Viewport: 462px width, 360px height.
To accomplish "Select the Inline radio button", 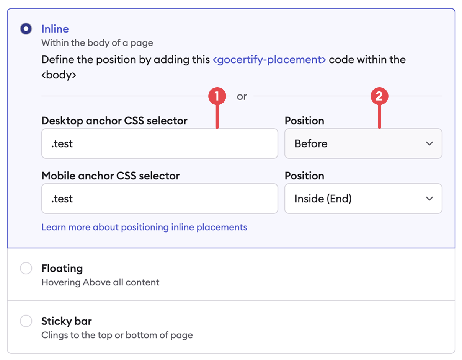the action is click(26, 29).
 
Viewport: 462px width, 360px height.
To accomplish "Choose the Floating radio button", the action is click(26, 269).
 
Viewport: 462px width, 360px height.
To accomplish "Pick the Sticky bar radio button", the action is click(26, 321).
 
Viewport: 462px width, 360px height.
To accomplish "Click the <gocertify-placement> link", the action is click(269, 60).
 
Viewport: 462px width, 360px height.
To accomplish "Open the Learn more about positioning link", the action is click(144, 227).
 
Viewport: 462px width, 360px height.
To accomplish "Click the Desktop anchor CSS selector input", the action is click(159, 144).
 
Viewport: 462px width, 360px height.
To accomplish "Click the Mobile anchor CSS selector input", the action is click(159, 199).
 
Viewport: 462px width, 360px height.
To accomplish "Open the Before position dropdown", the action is click(363, 144).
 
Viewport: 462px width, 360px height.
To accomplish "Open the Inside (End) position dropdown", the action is click(363, 199).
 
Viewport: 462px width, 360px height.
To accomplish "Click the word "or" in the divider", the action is click(242, 97).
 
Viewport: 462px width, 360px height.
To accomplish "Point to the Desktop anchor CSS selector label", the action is click(114, 121).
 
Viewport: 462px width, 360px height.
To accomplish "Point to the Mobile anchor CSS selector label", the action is click(110, 176).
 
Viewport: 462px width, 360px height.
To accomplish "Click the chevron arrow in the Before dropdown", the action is click(429, 144).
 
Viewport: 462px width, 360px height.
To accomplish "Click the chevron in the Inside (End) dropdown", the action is click(429, 199).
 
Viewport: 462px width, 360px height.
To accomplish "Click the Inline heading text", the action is click(55, 29).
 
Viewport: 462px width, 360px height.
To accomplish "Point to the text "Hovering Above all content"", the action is click(100, 283).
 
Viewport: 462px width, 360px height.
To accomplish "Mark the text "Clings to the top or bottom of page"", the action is click(117, 336).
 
